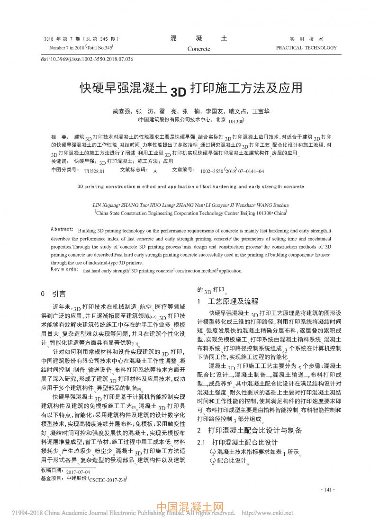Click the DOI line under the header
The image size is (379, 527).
pyautogui.click(x=87, y=59)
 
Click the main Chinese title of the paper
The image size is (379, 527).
pyautogui.click(x=190, y=88)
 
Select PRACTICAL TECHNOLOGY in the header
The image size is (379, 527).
pyautogui.click(x=306, y=48)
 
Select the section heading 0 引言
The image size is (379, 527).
pyautogui.click(x=54, y=294)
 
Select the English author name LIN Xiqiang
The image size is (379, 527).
pyautogui.click(x=108, y=205)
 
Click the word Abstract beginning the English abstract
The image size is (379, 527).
pyautogui.click(x=62, y=229)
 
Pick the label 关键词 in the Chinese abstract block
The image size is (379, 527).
pyautogui.click(x=58, y=161)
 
